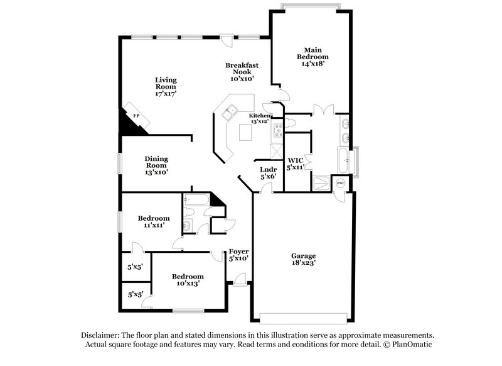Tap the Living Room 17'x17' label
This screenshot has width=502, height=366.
(x=166, y=87)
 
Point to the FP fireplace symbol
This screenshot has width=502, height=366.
(x=136, y=116)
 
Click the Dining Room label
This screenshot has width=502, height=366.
(x=156, y=165)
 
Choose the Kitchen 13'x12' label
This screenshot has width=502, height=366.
(x=260, y=118)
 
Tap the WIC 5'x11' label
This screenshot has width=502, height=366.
(x=296, y=164)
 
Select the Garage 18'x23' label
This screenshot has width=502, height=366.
(x=303, y=260)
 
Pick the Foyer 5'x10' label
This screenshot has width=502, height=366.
(x=238, y=255)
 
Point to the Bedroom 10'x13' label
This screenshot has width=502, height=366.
(x=188, y=280)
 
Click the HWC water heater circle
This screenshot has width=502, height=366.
(x=341, y=183)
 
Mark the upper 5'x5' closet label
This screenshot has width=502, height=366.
(x=135, y=267)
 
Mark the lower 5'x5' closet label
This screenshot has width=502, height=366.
(x=135, y=294)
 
